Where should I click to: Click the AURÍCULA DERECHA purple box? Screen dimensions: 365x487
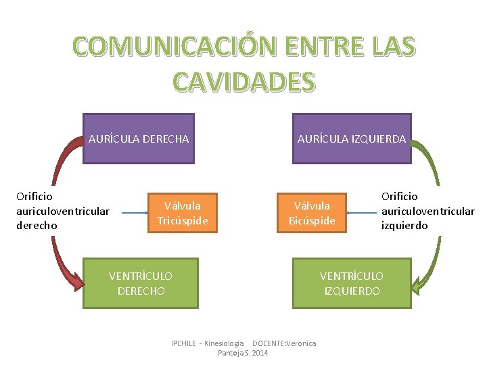(x=138, y=139)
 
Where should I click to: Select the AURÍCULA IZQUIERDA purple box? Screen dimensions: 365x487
(x=352, y=139)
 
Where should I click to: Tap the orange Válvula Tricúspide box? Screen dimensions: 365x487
(x=183, y=213)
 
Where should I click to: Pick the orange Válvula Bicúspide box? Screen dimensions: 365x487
(x=312, y=213)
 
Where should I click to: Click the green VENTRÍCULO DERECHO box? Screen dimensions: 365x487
(x=141, y=283)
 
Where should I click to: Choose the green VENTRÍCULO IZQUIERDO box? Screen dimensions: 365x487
(x=352, y=283)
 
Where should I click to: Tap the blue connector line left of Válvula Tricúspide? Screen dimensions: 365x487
(x=135, y=213)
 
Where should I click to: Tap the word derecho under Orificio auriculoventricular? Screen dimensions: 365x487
(x=37, y=226)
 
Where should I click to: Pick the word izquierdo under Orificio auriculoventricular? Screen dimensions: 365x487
(x=404, y=226)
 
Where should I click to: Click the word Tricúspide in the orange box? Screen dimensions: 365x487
(x=183, y=221)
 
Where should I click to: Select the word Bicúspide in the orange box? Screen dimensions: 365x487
(x=312, y=221)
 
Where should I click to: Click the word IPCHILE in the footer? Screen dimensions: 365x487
(x=185, y=343)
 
